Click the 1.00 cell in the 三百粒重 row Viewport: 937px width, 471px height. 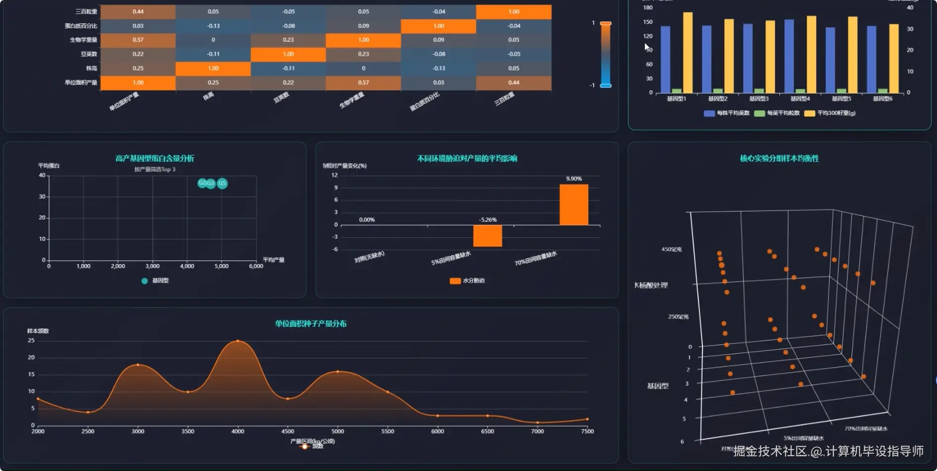[x=514, y=11]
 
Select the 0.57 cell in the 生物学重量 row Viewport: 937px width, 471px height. [x=138, y=40]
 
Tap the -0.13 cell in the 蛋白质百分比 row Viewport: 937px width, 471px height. [x=213, y=26]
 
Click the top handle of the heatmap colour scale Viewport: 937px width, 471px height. [x=606, y=23]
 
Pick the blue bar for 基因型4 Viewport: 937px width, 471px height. [x=789, y=56]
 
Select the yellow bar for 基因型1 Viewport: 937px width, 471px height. [x=688, y=52]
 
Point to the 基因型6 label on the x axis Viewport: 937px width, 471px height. [x=883, y=99]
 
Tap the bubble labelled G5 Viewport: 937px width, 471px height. [x=222, y=183]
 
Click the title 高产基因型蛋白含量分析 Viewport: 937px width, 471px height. [x=155, y=158]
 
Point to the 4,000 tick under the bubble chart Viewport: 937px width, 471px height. [x=187, y=266]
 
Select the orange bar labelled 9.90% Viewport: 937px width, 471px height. [x=574, y=205]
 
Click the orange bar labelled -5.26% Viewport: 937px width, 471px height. [x=487, y=236]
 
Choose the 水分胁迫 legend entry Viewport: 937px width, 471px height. [x=468, y=281]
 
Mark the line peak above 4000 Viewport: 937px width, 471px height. [x=238, y=341]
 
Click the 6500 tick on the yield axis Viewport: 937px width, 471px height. [x=487, y=431]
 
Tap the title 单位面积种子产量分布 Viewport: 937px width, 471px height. [x=311, y=324]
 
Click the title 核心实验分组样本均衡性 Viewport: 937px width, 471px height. [x=779, y=158]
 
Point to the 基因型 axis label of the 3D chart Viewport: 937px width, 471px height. [x=657, y=386]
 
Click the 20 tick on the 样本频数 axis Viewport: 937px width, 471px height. [x=32, y=357]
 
